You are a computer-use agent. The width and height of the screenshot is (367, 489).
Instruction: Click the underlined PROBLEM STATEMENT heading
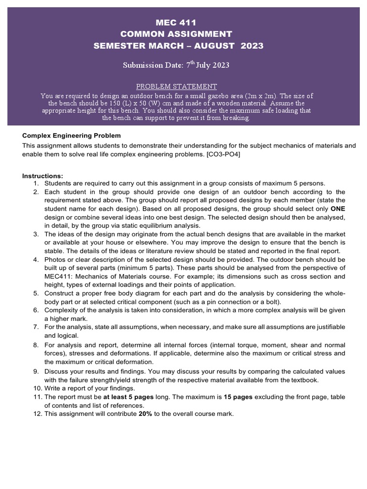tap(176, 86)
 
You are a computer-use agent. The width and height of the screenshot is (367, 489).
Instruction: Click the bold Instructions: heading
tap(42, 176)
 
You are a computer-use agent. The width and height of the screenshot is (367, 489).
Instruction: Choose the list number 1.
tap(36, 183)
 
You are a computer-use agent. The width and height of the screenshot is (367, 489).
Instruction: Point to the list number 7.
tap(36, 327)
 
